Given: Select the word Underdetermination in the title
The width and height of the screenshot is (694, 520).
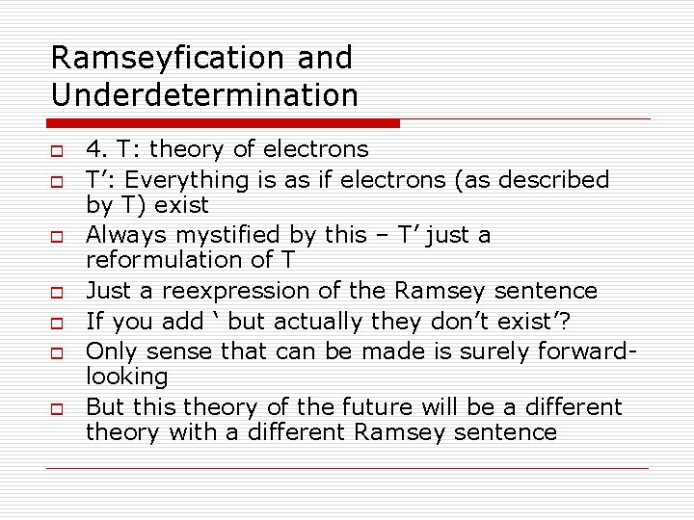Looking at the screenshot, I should coord(204,95).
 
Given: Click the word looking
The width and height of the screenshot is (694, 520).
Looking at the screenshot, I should coord(126,376).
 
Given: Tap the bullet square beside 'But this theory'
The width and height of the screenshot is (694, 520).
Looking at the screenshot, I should coord(58,408).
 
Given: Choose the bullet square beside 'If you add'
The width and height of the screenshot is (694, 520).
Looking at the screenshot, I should coord(58,322).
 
